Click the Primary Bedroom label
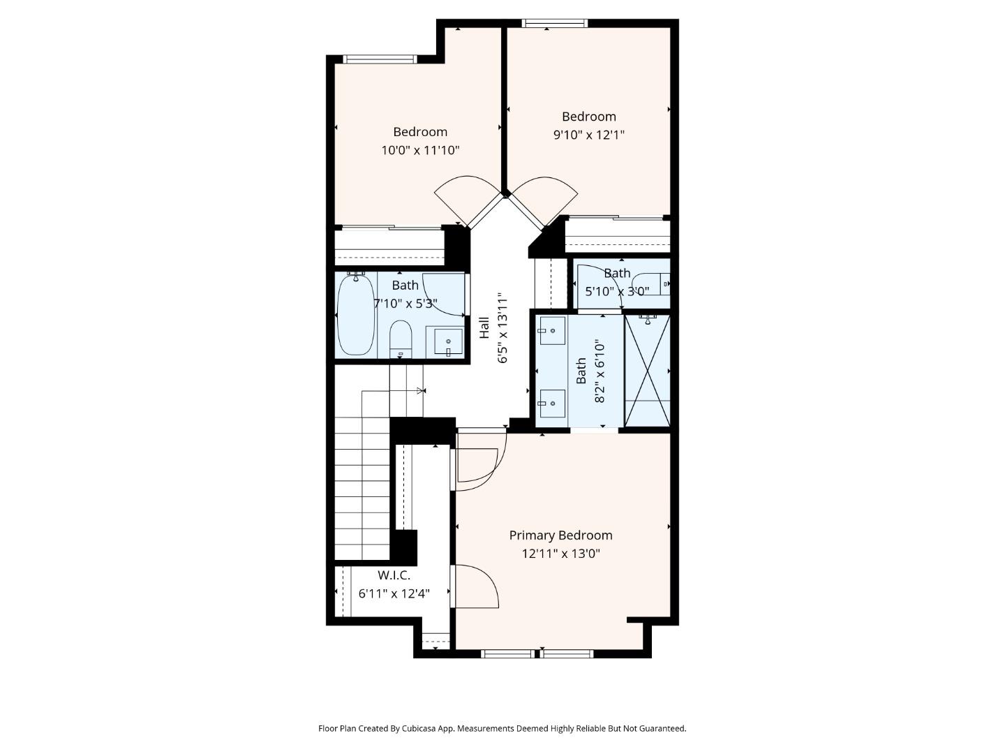point(560,535)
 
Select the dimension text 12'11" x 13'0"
point(560,554)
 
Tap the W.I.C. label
point(394,575)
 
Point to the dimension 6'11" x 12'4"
point(394,594)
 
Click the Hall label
point(484,328)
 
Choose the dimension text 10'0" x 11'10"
point(419,150)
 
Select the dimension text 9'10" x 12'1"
point(588,135)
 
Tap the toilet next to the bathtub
point(401,339)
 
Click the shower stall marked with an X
point(647,370)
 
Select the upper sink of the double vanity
point(552,330)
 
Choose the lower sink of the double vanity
point(551,401)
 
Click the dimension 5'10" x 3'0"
point(616,292)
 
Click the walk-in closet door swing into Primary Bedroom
point(477,586)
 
